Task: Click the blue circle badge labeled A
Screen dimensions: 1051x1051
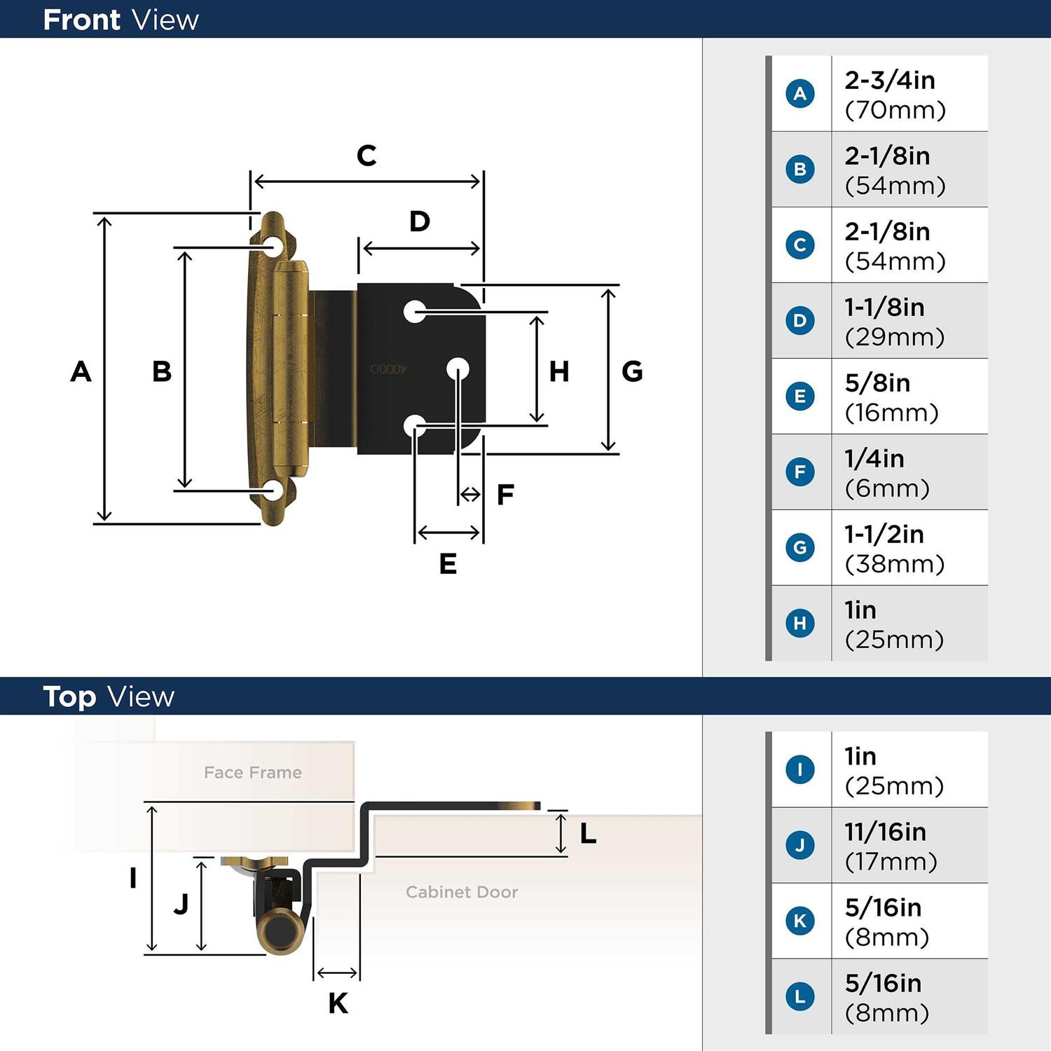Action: tap(800, 93)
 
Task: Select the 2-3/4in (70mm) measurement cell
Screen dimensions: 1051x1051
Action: tap(895, 95)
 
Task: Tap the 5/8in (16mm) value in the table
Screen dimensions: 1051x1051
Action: tap(891, 397)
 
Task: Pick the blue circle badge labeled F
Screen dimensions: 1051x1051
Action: tap(800, 472)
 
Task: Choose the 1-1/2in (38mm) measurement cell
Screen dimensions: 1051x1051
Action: tap(894, 549)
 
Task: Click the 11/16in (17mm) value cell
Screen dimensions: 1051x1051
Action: tap(891, 846)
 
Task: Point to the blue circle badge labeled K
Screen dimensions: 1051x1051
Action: tap(800, 921)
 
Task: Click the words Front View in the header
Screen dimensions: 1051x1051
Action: tap(121, 20)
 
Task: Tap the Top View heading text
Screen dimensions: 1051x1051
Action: tap(109, 696)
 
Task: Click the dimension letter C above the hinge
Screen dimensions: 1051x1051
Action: tap(366, 156)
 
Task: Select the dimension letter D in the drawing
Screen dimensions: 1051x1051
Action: tap(420, 221)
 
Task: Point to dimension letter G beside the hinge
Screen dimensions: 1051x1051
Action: tap(632, 371)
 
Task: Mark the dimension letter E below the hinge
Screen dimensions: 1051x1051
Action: tap(448, 564)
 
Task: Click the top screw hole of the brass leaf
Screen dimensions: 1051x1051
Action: tap(273, 247)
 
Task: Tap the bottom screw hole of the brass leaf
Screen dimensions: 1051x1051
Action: tap(273, 490)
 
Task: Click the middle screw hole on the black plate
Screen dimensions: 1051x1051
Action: tap(458, 369)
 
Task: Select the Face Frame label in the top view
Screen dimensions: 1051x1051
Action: tap(253, 772)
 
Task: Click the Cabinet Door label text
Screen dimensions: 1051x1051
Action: tap(462, 892)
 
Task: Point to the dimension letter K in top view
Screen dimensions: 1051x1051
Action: tap(338, 1003)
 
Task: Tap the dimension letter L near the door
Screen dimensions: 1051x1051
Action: tap(588, 834)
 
